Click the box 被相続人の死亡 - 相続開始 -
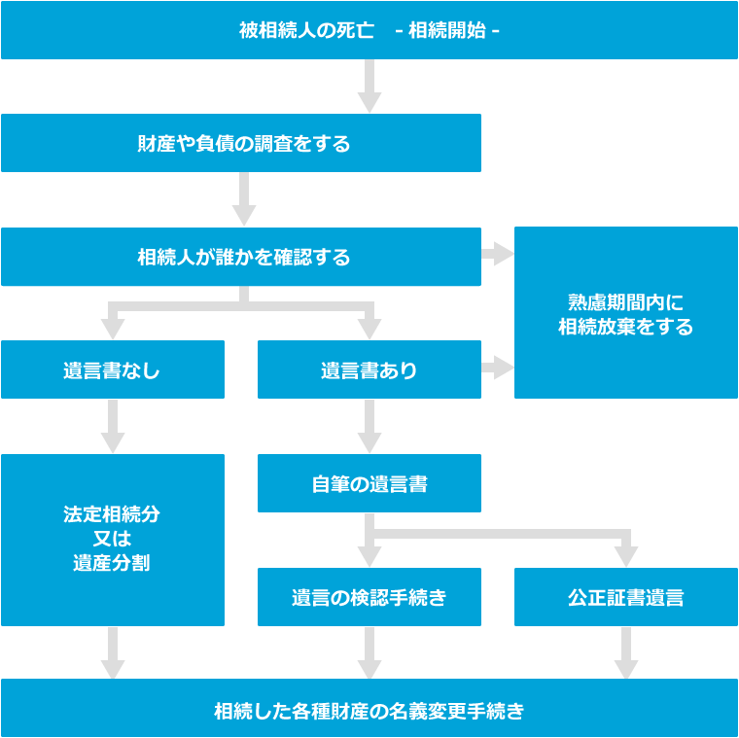point(369,30)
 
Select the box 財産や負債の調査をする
point(241,144)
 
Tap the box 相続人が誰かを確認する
point(241,258)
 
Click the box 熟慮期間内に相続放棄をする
point(625,312)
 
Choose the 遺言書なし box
point(112,369)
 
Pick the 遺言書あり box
point(369,369)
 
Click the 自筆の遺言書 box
point(369,483)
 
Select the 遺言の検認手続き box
point(369,597)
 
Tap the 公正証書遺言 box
point(625,597)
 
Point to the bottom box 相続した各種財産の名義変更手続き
point(369,709)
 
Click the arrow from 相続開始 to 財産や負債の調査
point(369,88)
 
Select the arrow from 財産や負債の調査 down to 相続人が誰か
point(244,200)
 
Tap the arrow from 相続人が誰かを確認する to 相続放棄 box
point(497,255)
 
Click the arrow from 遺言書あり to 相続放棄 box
point(497,369)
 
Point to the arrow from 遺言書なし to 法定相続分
point(113,426)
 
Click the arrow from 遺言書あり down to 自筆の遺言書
point(369,426)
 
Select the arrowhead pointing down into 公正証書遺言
point(626,555)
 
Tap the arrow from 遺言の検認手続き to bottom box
point(369,652)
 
